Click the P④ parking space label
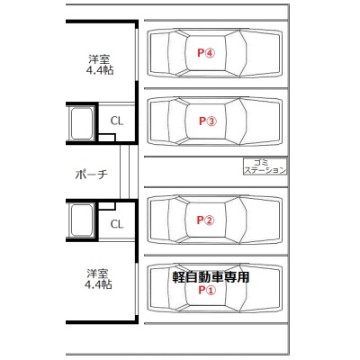pyautogui.click(x=206, y=53)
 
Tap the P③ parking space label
pyautogui.click(x=207, y=121)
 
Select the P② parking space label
pyautogui.click(x=205, y=220)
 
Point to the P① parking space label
pyautogui.click(x=207, y=290)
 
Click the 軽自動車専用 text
pyautogui.click(x=211, y=277)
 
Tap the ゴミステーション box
pyautogui.click(x=265, y=166)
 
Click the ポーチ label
pyautogui.click(x=91, y=174)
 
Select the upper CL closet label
pyautogui.click(x=117, y=121)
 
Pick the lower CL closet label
pyautogui.click(x=117, y=224)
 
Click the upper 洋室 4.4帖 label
pyautogui.click(x=100, y=64)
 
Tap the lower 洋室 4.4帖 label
pyautogui.click(x=98, y=279)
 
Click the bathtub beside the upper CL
pyautogui.click(x=82, y=123)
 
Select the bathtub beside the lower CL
pyautogui.click(x=82, y=220)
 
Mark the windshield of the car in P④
pyautogui.click(x=237, y=53)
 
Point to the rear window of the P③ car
pyautogui.click(x=178, y=121)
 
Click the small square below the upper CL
pyautogui.click(x=107, y=139)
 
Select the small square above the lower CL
pyautogui.click(x=107, y=206)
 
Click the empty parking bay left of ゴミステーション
pyautogui.click(x=193, y=172)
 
